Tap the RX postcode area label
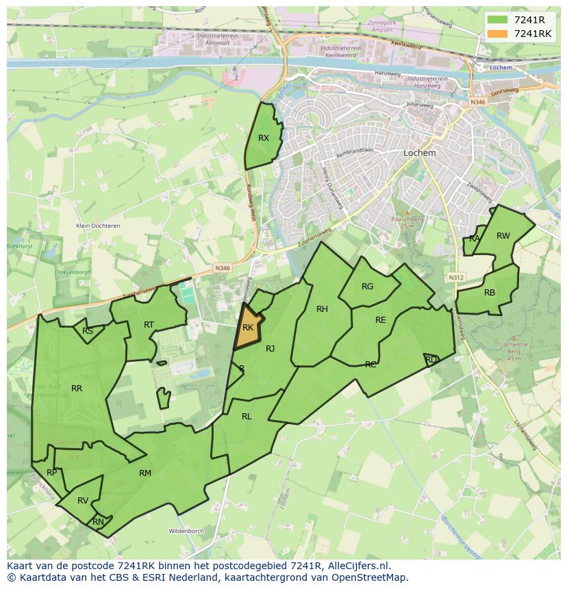click(x=264, y=138)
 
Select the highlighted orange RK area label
click(x=248, y=328)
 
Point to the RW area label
click(x=503, y=236)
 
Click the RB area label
click(x=490, y=293)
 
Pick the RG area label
click(x=368, y=287)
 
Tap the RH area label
click(x=322, y=309)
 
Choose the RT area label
click(x=149, y=325)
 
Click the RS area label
click(x=88, y=331)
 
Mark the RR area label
click(x=77, y=389)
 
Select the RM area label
click(x=145, y=473)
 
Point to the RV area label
click(x=83, y=501)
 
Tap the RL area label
click(x=247, y=416)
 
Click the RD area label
click(x=431, y=359)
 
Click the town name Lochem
click(x=420, y=153)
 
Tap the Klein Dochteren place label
click(x=98, y=226)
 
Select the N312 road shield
click(x=456, y=277)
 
